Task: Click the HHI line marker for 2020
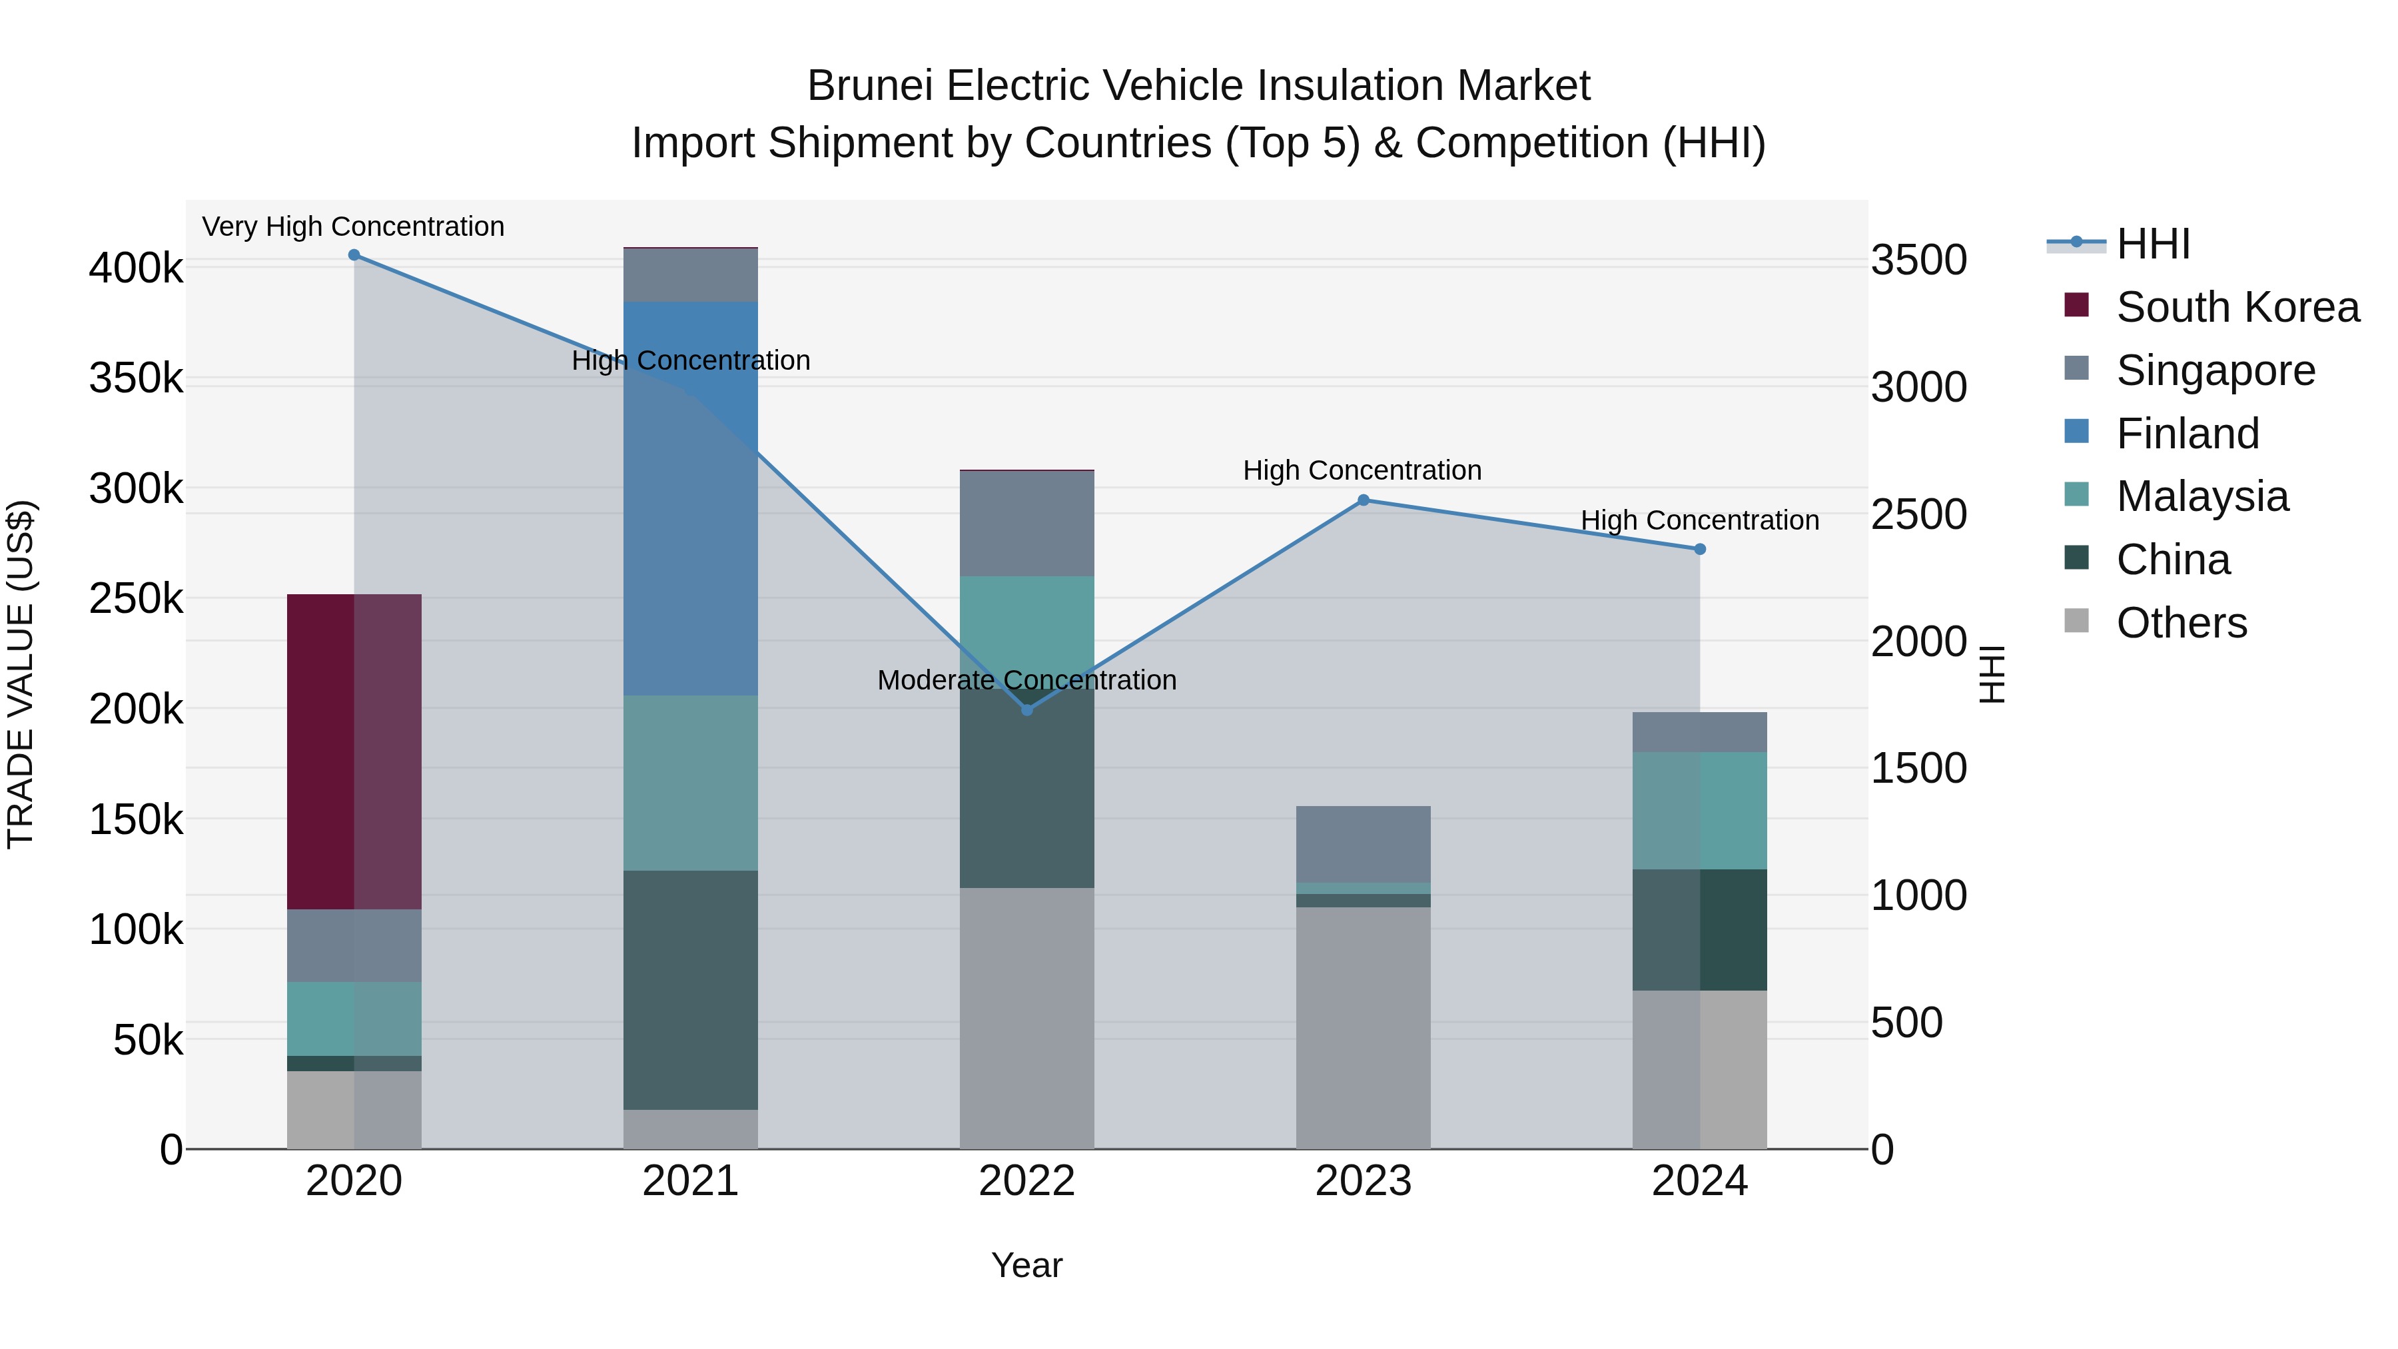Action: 354,255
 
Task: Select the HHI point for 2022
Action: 1026,710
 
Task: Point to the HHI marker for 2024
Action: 1700,550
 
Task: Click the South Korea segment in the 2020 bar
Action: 354,751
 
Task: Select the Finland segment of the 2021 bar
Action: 691,498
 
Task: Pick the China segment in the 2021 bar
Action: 691,990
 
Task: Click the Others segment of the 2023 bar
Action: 1364,1028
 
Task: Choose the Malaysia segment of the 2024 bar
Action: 1700,811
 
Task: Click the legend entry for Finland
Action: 2188,434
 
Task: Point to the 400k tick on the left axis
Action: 136,269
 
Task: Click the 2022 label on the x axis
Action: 1026,1181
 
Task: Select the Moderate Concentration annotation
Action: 1026,681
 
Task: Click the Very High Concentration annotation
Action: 354,227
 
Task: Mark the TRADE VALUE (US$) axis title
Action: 21,674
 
